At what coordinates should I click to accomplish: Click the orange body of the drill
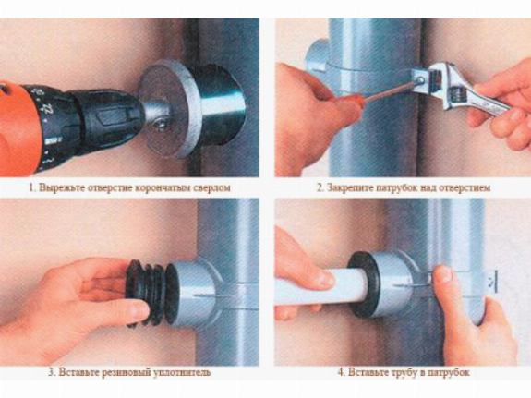pos(18,128)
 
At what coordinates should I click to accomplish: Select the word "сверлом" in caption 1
pos(211,187)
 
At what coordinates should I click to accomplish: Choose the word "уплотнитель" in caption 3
pos(182,372)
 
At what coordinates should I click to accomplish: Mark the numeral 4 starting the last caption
pos(341,372)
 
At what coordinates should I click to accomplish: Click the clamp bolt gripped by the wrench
pos(420,80)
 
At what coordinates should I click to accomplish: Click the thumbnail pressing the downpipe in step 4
pos(443,273)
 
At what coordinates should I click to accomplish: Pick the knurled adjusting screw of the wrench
pos(456,92)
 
